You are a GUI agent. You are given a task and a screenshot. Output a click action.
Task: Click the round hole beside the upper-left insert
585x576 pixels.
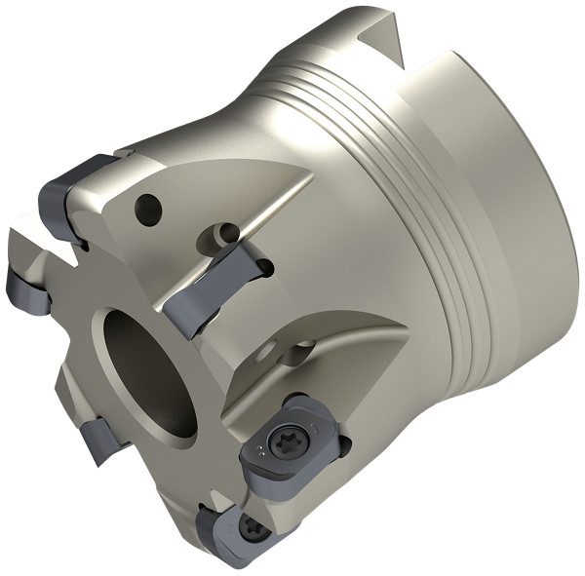(147, 206)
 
